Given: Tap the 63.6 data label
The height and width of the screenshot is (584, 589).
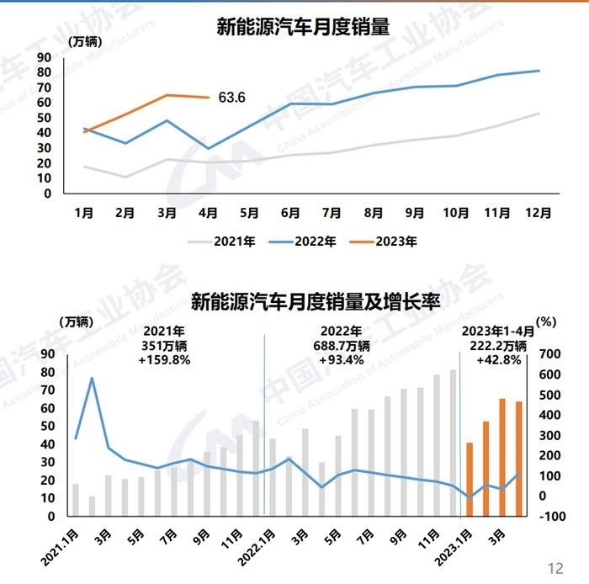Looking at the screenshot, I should [x=231, y=98].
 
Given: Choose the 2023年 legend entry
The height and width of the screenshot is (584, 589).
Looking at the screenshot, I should [x=384, y=242].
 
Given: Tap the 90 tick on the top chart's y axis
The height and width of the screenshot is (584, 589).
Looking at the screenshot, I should [x=45, y=56].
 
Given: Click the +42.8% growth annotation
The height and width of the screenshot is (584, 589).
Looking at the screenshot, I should [x=495, y=359].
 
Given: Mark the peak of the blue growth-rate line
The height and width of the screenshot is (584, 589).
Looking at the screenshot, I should [x=92, y=378].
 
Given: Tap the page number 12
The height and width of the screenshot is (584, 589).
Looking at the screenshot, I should [x=555, y=566].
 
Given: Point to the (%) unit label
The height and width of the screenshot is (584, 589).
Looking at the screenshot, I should [x=546, y=321].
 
